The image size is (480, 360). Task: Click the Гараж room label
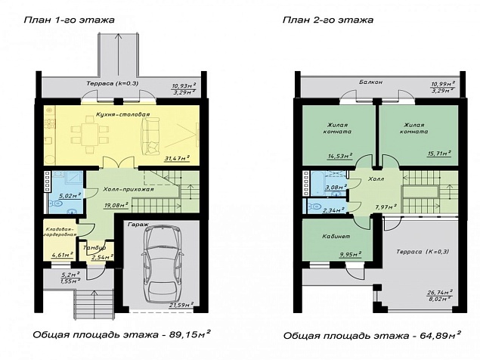click(x=137, y=225)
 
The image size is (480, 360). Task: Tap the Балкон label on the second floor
click(x=370, y=82)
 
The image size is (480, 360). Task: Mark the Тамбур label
click(x=94, y=247)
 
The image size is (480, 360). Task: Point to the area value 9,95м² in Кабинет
click(x=348, y=255)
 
